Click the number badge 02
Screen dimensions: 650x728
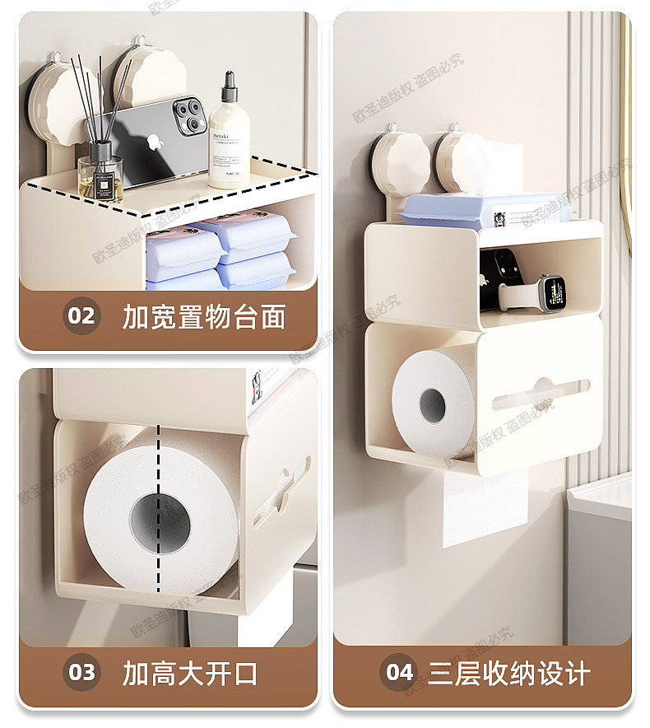81,317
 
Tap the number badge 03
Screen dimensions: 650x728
81,673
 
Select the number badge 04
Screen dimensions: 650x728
400,673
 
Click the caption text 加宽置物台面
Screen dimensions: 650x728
204,317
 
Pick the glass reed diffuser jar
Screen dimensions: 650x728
100,177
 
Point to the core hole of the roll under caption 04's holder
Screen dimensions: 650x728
432,404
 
